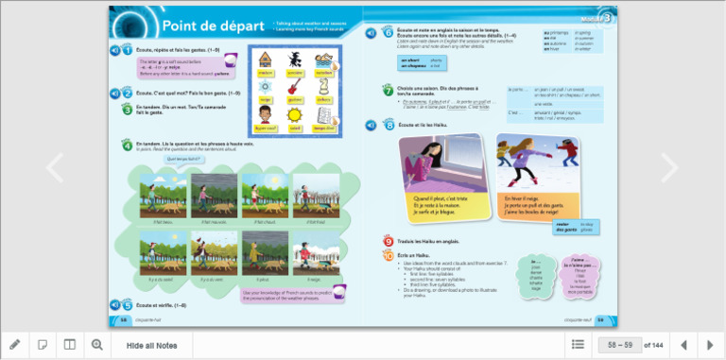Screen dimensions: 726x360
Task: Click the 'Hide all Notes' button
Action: pos(151,345)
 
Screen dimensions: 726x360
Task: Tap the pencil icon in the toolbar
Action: pos(14,345)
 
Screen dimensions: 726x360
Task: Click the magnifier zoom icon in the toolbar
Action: pos(96,345)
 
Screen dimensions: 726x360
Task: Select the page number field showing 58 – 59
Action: pos(619,345)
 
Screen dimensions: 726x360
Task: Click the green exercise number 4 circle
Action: pos(127,146)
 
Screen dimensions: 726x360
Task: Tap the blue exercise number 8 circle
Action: pos(389,125)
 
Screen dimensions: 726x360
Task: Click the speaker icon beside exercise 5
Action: pos(114,305)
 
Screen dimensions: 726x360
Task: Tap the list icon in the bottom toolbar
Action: pos(578,345)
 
